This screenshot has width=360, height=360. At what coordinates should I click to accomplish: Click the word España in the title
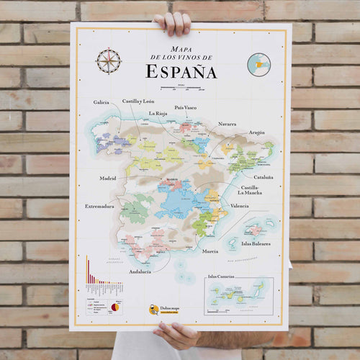click(181, 71)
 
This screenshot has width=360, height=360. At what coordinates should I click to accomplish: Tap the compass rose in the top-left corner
click(109, 60)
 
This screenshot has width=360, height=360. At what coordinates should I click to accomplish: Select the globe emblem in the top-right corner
click(258, 64)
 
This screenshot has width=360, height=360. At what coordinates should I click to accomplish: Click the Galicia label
click(101, 102)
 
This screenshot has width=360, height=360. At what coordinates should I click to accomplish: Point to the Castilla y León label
click(138, 102)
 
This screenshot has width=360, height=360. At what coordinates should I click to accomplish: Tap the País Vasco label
click(185, 107)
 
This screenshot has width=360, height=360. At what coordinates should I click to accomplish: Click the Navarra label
click(227, 124)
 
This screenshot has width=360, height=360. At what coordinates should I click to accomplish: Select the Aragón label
click(257, 132)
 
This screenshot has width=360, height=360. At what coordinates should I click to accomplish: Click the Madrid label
click(107, 177)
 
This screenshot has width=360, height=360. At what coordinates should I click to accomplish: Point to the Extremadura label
click(99, 206)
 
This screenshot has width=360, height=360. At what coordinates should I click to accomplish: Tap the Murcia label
click(210, 251)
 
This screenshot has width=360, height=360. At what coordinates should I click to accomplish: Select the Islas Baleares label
click(256, 243)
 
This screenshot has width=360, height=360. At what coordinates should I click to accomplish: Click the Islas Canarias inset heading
click(222, 276)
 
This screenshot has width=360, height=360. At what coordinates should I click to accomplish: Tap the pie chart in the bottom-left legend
click(114, 307)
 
